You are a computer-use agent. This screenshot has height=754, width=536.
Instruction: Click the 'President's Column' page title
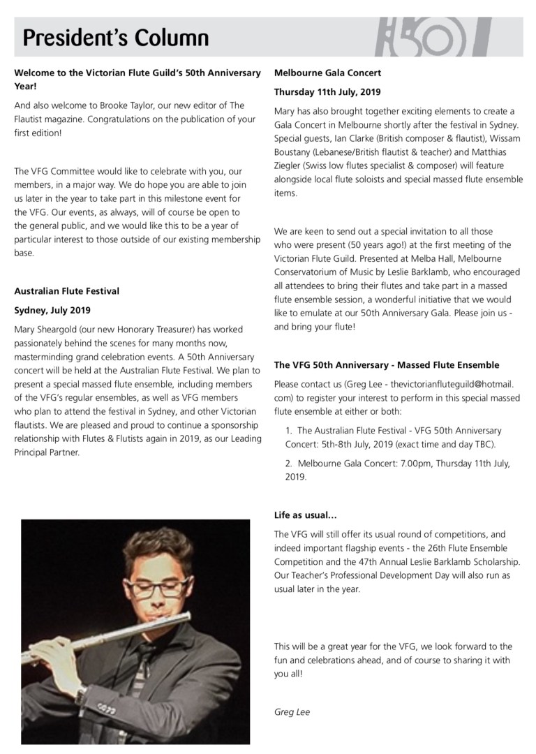click(x=115, y=36)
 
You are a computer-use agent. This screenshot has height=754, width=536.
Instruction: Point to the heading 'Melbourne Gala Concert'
click(x=327, y=73)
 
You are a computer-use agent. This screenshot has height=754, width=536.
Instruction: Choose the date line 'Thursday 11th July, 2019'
click(x=327, y=91)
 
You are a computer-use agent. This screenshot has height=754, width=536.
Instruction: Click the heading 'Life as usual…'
click(x=306, y=516)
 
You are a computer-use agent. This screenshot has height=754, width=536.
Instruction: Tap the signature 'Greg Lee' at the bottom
click(x=292, y=713)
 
